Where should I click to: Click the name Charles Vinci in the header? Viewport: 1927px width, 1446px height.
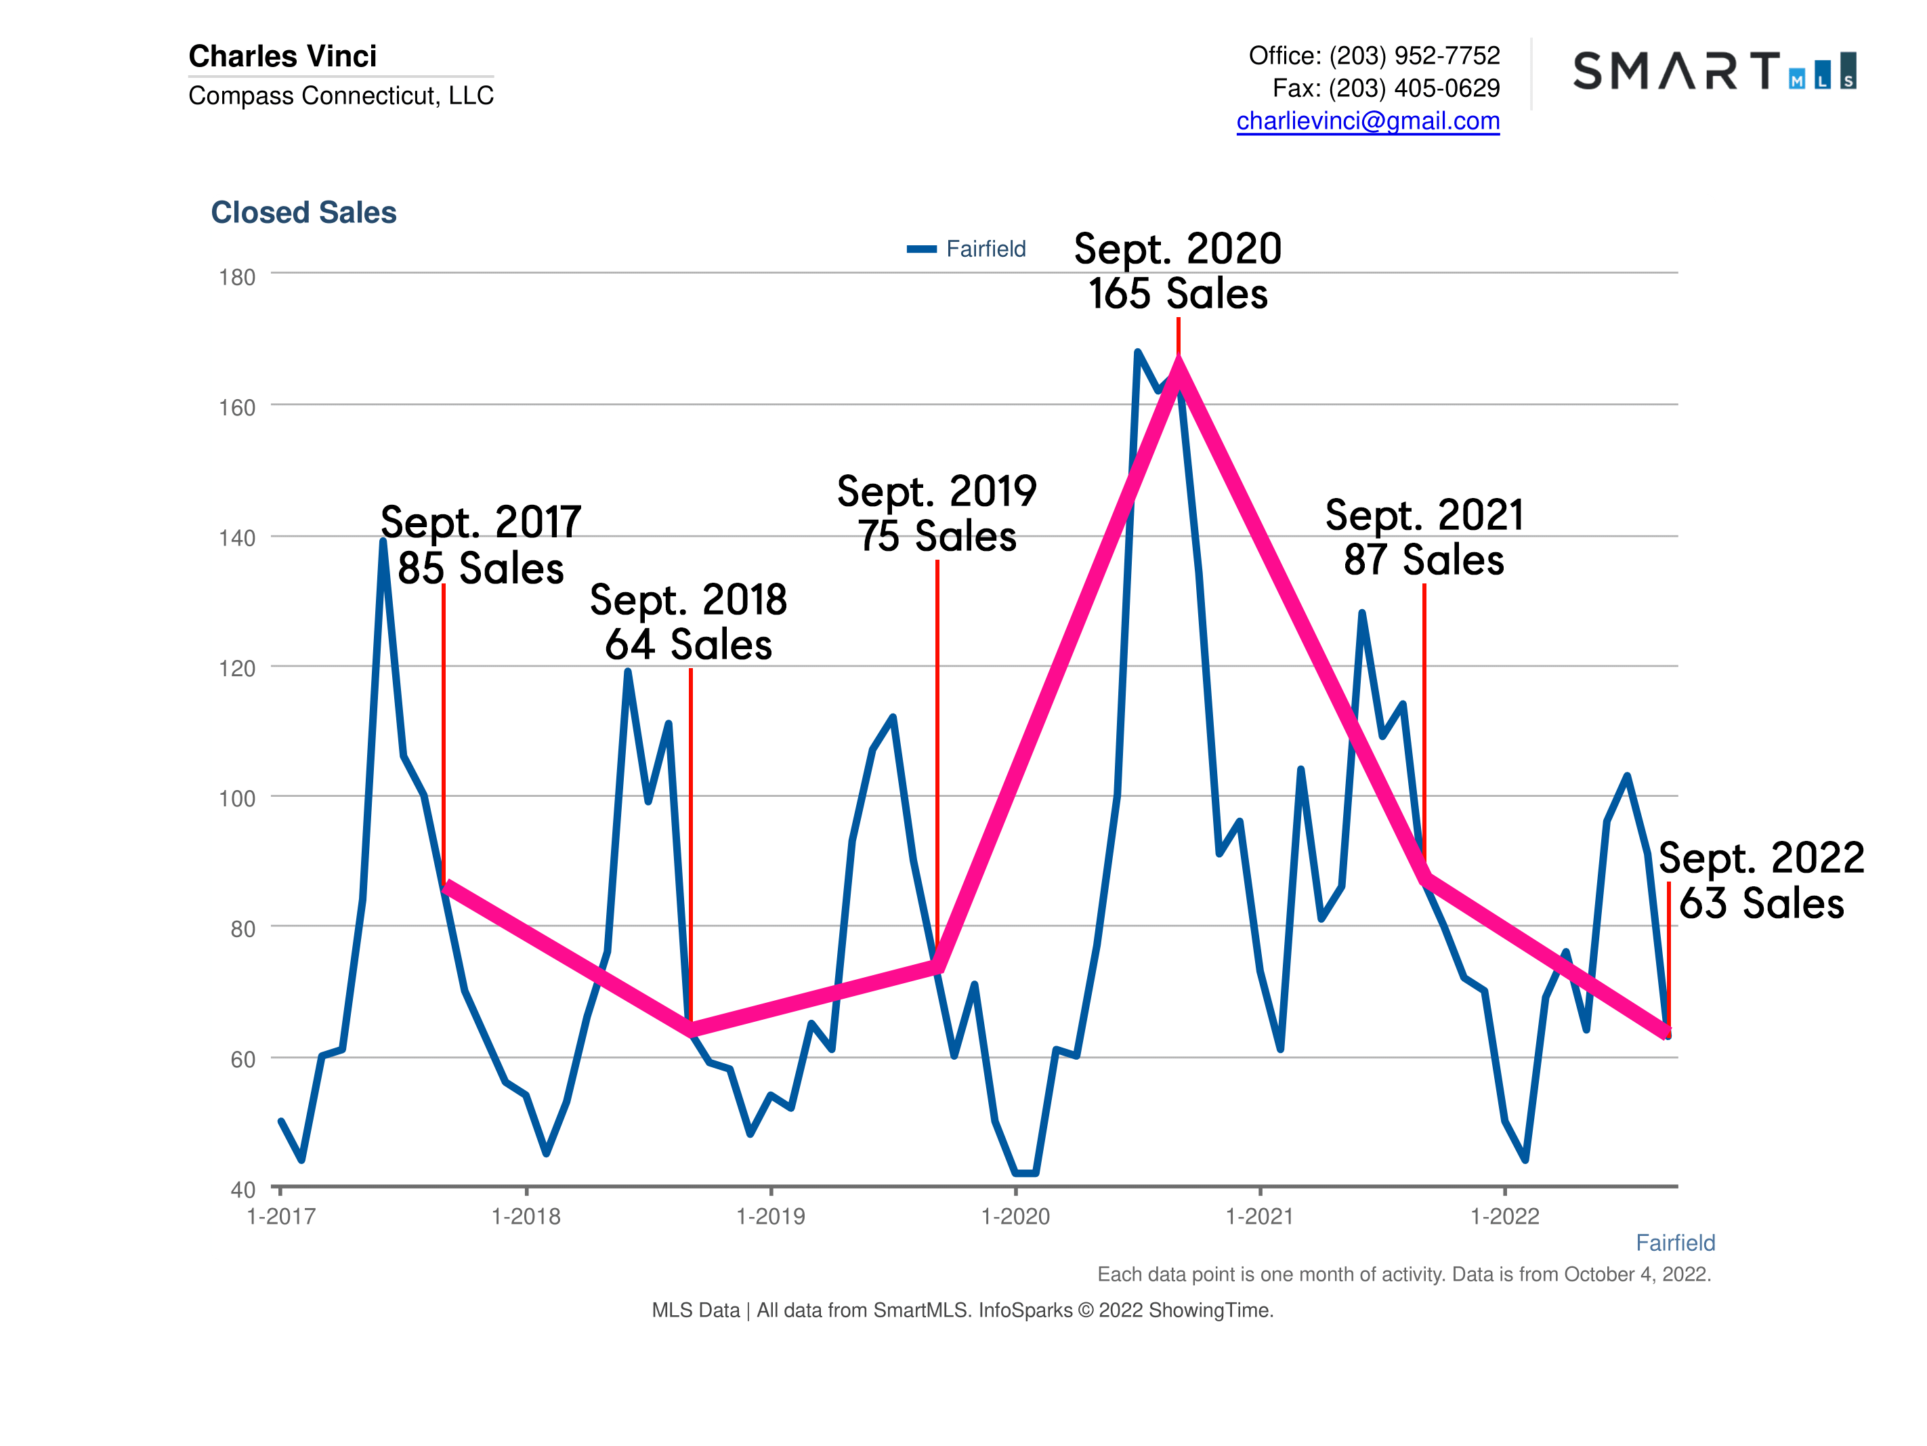tap(282, 56)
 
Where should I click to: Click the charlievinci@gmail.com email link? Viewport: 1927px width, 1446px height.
tap(1367, 121)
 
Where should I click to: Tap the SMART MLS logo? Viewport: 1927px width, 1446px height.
tap(1713, 71)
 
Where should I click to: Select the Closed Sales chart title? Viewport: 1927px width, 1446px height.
tap(303, 213)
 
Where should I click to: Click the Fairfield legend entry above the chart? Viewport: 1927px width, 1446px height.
tap(967, 249)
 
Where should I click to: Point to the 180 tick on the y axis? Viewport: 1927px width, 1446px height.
tap(237, 278)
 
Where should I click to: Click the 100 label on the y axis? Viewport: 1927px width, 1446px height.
tap(237, 798)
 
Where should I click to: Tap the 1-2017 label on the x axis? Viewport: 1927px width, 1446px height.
tap(280, 1217)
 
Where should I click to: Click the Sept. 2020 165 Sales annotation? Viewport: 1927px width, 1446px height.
tap(1177, 271)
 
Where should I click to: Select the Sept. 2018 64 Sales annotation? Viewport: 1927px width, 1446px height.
tap(688, 622)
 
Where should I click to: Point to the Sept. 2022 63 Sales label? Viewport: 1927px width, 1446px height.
tap(1760, 880)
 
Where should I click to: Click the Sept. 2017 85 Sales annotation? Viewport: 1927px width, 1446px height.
tap(481, 545)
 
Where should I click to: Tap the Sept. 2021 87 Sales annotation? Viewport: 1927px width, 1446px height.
tap(1424, 537)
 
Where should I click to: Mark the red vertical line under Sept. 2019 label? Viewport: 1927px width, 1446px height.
tap(937, 758)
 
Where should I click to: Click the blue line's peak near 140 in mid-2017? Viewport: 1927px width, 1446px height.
tap(383, 542)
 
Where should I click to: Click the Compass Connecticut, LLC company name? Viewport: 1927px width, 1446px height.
tap(341, 96)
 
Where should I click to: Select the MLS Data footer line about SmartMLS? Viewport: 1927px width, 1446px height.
tap(962, 1310)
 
